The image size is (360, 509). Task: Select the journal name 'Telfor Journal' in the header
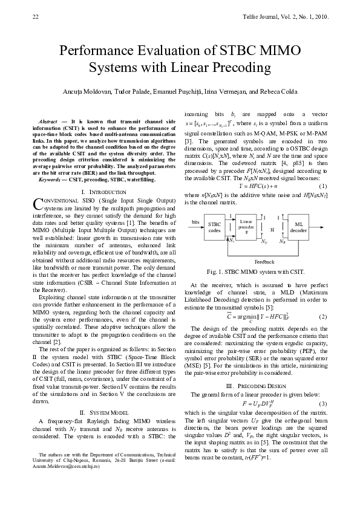tap(264, 16)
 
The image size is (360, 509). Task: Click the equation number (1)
tap(322, 203)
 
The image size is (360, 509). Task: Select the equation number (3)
tap(322, 403)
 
